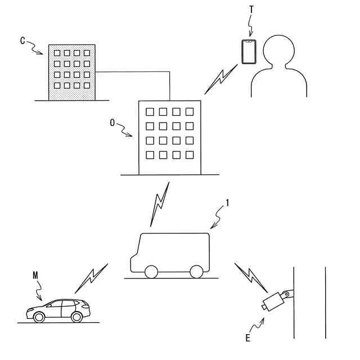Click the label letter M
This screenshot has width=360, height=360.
[x=35, y=276]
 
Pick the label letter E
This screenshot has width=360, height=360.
[x=247, y=338]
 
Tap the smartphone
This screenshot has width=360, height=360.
[x=248, y=52]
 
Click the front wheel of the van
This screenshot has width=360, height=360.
[x=151, y=272]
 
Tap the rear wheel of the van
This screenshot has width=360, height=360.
[x=196, y=272]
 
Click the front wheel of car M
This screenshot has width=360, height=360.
[x=39, y=317]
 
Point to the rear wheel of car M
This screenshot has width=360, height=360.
[x=76, y=317]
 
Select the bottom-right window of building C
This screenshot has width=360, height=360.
[x=86, y=85]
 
